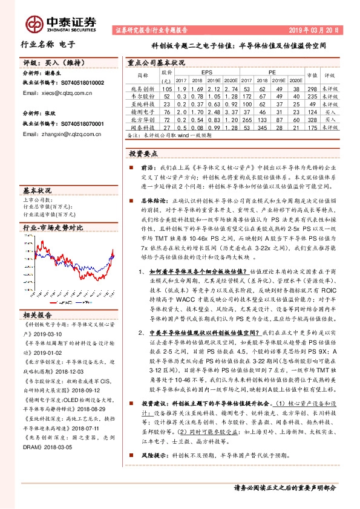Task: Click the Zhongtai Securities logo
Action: pyautogui.click(x=61, y=23)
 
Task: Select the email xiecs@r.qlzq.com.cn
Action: pyautogui.click(x=57, y=93)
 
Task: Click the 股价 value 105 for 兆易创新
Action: pyautogui.click(x=166, y=88)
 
